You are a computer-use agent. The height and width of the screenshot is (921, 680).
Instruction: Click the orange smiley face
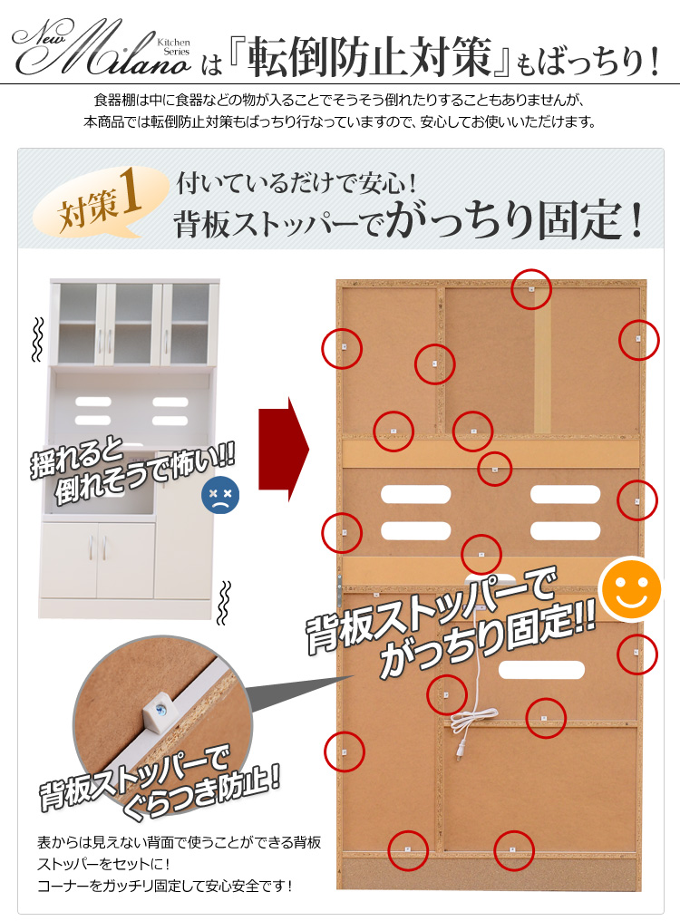(629, 589)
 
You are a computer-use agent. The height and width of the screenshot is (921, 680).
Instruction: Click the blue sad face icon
(220, 495)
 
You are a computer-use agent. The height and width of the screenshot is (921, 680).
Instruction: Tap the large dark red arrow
(283, 450)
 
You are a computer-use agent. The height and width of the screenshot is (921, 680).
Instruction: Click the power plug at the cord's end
(461, 750)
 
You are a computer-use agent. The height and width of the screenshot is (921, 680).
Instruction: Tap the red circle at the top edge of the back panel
(531, 289)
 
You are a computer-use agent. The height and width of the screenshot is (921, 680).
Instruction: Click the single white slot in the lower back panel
(541, 670)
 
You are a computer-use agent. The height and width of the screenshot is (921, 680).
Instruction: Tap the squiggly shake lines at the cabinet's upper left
(37, 340)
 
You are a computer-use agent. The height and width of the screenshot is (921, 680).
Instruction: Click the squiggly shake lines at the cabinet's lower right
(223, 603)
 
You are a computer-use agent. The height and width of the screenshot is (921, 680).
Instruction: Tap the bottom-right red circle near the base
(514, 850)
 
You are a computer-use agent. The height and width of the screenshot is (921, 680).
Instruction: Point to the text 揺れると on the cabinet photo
(77, 456)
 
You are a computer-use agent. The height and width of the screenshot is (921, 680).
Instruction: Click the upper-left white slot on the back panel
(415, 494)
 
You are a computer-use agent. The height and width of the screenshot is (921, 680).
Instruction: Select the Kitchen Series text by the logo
(174, 47)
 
